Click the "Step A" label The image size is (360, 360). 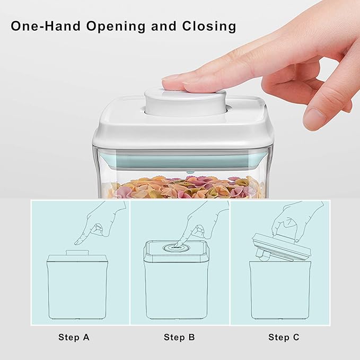pyautogui.click(x=73, y=337)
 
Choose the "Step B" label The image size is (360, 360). pyautogui.click(x=179, y=337)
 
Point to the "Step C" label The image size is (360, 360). pyautogui.click(x=286, y=337)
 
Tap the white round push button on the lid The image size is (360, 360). pyautogui.click(x=185, y=101)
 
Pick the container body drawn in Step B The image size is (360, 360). pyautogui.click(x=179, y=292)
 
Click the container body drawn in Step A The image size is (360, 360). pyautogui.click(x=77, y=292)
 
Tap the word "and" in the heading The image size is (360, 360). pyautogui.click(x=162, y=27)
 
